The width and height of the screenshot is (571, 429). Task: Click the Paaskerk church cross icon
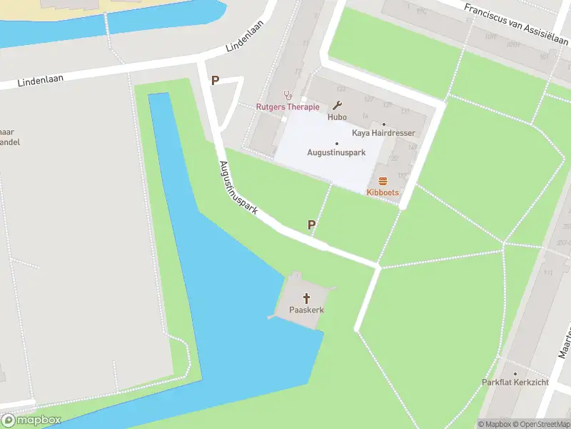pos(308,297)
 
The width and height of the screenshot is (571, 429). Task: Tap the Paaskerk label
pos(307,310)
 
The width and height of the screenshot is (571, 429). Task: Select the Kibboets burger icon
pos(383,181)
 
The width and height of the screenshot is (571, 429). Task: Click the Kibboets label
pos(383,192)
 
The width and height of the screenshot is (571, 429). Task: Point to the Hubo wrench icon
pos(338,104)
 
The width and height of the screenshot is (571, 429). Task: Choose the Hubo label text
pos(337,117)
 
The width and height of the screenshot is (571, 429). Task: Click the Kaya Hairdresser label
pos(383,133)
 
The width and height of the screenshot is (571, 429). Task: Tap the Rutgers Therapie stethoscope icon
pos(288,94)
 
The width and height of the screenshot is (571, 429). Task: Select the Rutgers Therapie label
pos(288,107)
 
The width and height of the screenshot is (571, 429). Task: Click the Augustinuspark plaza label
pos(336,152)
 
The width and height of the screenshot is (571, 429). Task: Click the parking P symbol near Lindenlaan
pos(214,81)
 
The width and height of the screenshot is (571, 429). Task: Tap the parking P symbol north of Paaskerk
pos(312,225)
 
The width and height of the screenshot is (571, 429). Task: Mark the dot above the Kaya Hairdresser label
pos(383,124)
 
